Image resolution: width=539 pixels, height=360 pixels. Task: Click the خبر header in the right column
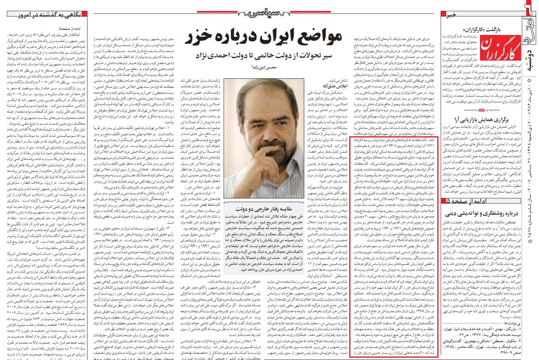pyautogui.click(x=451, y=14)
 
